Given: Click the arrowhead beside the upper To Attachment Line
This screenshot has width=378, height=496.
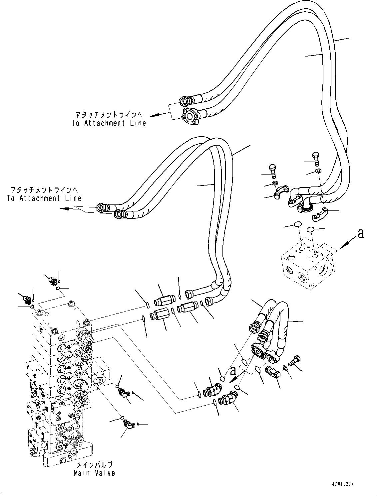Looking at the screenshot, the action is pos(155,115).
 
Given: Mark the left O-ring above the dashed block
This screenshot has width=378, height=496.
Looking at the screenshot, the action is pos(298,224).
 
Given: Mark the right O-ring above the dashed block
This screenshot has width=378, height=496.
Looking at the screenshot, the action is pos(310,229).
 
